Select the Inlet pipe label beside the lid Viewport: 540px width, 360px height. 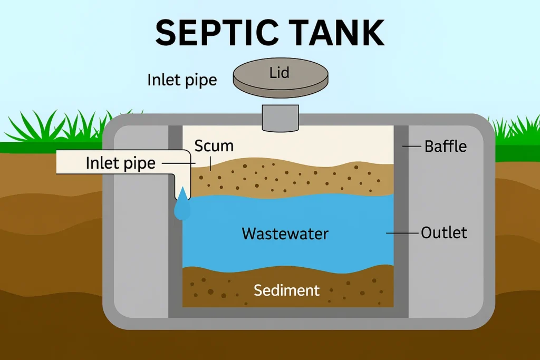(182, 80)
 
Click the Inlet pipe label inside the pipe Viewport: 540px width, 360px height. (121, 163)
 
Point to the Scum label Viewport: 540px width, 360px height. (214, 146)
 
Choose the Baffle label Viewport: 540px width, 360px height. (446, 146)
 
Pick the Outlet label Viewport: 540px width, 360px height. (444, 232)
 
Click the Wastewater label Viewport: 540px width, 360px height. (285, 233)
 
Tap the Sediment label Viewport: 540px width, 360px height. (286, 290)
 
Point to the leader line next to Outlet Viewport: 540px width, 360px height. (402, 232)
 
